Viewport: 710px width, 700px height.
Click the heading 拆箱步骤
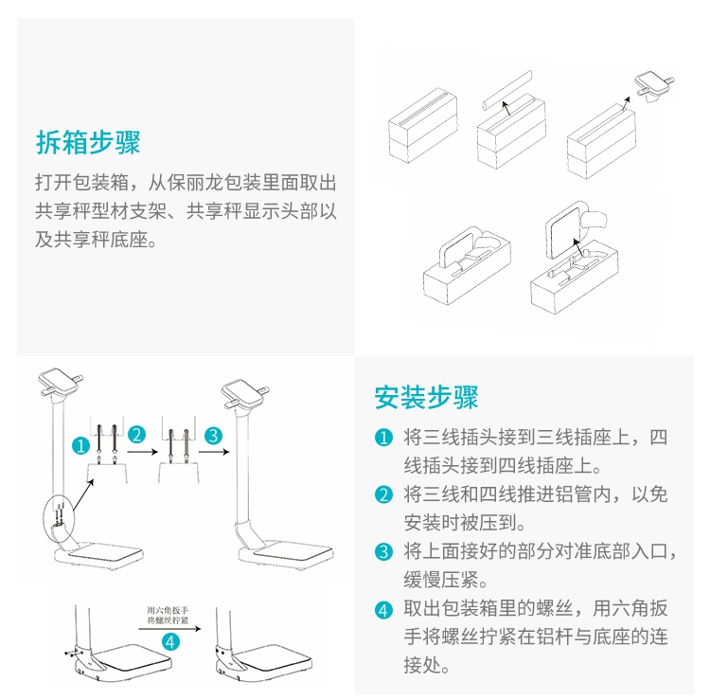(88, 143)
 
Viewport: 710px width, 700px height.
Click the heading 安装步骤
(427, 396)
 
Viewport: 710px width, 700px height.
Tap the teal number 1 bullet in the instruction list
(383, 439)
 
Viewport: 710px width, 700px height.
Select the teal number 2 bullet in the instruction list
(383, 494)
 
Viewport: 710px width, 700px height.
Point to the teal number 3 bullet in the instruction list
(383, 551)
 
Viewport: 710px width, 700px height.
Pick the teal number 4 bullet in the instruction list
(383, 609)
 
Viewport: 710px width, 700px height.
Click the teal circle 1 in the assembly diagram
(82, 443)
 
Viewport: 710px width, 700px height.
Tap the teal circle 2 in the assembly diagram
(138, 435)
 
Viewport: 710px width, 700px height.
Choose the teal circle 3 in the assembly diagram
(213, 435)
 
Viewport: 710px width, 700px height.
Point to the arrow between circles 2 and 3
(212, 453)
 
